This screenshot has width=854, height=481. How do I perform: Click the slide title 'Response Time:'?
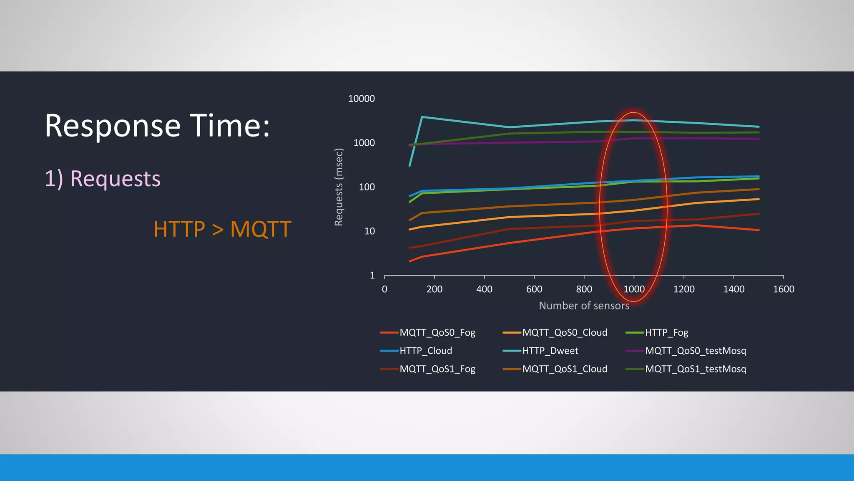click(157, 126)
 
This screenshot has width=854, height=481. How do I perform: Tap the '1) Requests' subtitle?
click(103, 179)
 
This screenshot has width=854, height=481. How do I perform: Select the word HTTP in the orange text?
click(179, 229)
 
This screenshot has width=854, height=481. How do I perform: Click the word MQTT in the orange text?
click(261, 229)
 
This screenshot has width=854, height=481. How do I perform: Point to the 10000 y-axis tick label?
click(361, 99)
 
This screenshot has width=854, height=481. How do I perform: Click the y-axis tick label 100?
click(367, 187)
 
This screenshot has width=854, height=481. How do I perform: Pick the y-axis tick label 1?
click(372, 275)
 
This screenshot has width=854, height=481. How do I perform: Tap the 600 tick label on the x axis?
click(534, 289)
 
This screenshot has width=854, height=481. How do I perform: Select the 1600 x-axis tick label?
click(783, 289)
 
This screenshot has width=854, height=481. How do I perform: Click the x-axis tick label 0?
click(384, 289)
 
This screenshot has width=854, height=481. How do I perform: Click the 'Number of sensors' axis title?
click(584, 306)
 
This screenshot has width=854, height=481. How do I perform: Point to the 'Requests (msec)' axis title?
click(339, 187)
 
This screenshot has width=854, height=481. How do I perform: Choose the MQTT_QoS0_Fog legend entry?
click(437, 332)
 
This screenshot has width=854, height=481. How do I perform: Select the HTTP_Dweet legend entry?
click(550, 351)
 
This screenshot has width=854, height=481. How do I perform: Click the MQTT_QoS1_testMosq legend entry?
click(695, 369)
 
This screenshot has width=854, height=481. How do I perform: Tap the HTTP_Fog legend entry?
click(666, 332)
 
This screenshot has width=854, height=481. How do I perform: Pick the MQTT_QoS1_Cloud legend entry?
click(565, 369)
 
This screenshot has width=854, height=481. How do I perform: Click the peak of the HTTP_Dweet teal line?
click(422, 117)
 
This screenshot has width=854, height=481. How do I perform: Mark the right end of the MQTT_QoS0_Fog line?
click(758, 230)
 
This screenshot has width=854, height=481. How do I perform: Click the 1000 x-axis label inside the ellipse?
click(633, 289)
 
